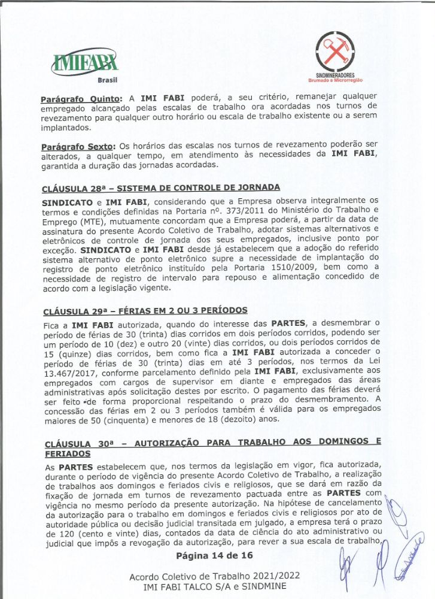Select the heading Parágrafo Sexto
point(78,146)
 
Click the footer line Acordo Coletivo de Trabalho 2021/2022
point(215,576)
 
